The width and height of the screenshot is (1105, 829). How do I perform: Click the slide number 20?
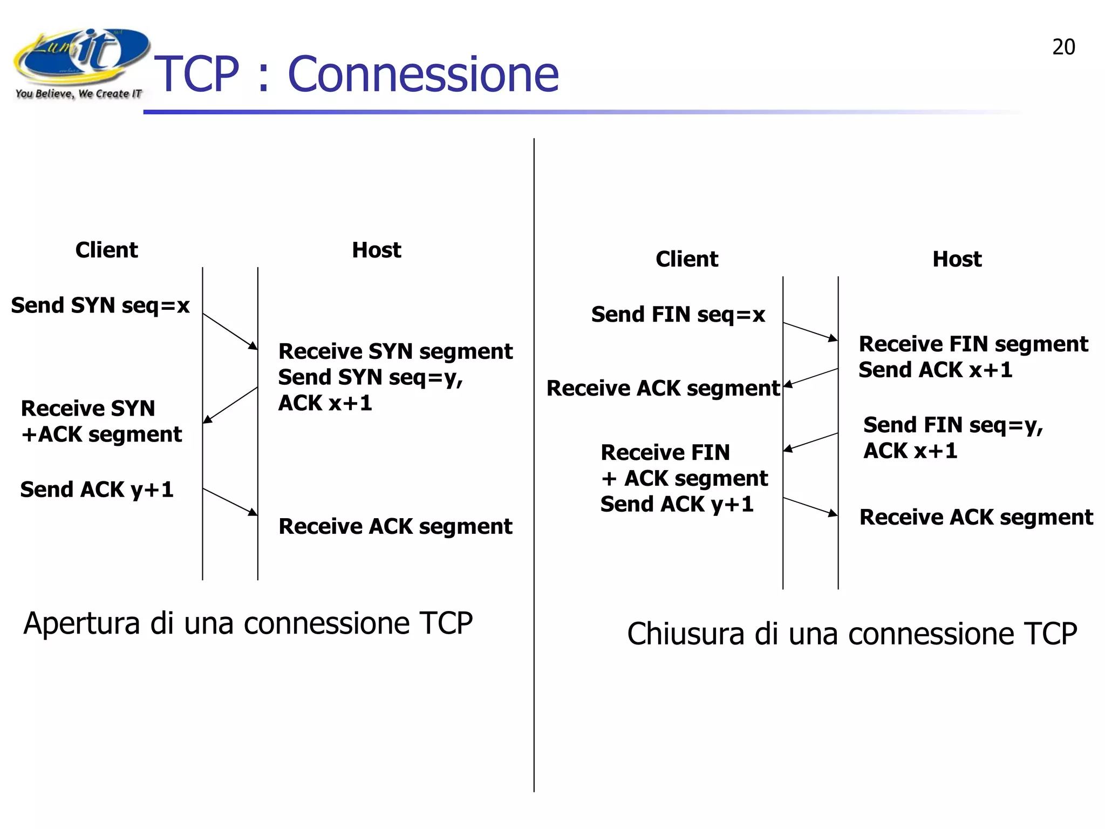coord(1063,47)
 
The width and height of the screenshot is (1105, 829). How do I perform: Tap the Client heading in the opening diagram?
coord(106,250)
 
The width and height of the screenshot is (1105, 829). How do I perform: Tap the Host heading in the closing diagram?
coord(957,259)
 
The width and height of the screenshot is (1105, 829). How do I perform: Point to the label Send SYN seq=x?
coord(100,305)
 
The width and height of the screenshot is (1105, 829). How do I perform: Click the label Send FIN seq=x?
coord(678,315)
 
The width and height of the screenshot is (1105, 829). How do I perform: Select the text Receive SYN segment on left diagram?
coord(395,351)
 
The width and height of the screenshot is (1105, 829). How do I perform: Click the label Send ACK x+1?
coord(935,370)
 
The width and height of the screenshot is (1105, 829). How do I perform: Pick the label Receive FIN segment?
coord(973,344)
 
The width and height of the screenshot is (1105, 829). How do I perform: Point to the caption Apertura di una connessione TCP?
coord(248,623)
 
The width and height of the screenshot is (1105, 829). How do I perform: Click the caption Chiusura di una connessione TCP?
coord(851,634)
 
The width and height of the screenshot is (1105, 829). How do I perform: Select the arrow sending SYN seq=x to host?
coord(230,331)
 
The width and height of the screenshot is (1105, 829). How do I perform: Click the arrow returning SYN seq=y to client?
coord(230,405)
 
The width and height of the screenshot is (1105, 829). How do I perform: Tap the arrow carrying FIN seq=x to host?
coord(810,331)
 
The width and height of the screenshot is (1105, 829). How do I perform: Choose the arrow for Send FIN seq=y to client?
coord(810,442)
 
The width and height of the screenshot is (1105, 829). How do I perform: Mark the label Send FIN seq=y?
coord(952,425)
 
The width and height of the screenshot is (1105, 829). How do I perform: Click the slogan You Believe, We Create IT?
coord(78,94)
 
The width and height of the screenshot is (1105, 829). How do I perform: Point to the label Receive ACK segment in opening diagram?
coord(395,527)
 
